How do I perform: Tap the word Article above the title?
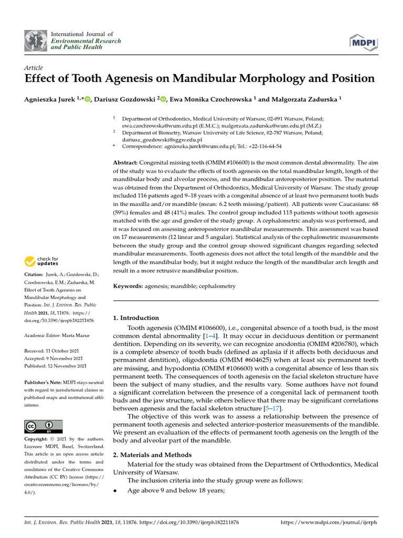34,68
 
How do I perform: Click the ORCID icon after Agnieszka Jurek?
87,99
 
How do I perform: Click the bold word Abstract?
126,163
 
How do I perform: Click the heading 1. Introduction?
136,318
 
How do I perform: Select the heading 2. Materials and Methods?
153,455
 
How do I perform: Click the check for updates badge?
42,261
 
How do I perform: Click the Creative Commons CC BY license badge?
44,426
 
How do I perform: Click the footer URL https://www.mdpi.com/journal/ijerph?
329,523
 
